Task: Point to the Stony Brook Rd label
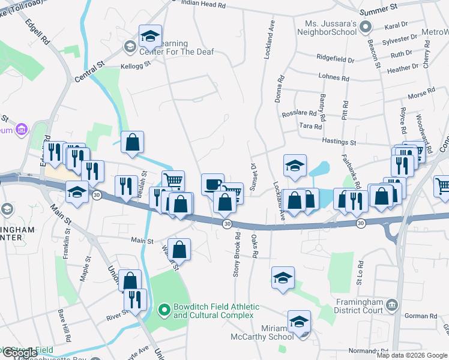pyautogui.click(x=237, y=254)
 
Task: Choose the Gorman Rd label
pyautogui.click(x=425, y=316)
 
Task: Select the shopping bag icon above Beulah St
pyautogui.click(x=133, y=142)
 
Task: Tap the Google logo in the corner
pyautogui.click(x=19, y=353)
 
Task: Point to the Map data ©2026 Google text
pyautogui.click(x=411, y=355)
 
